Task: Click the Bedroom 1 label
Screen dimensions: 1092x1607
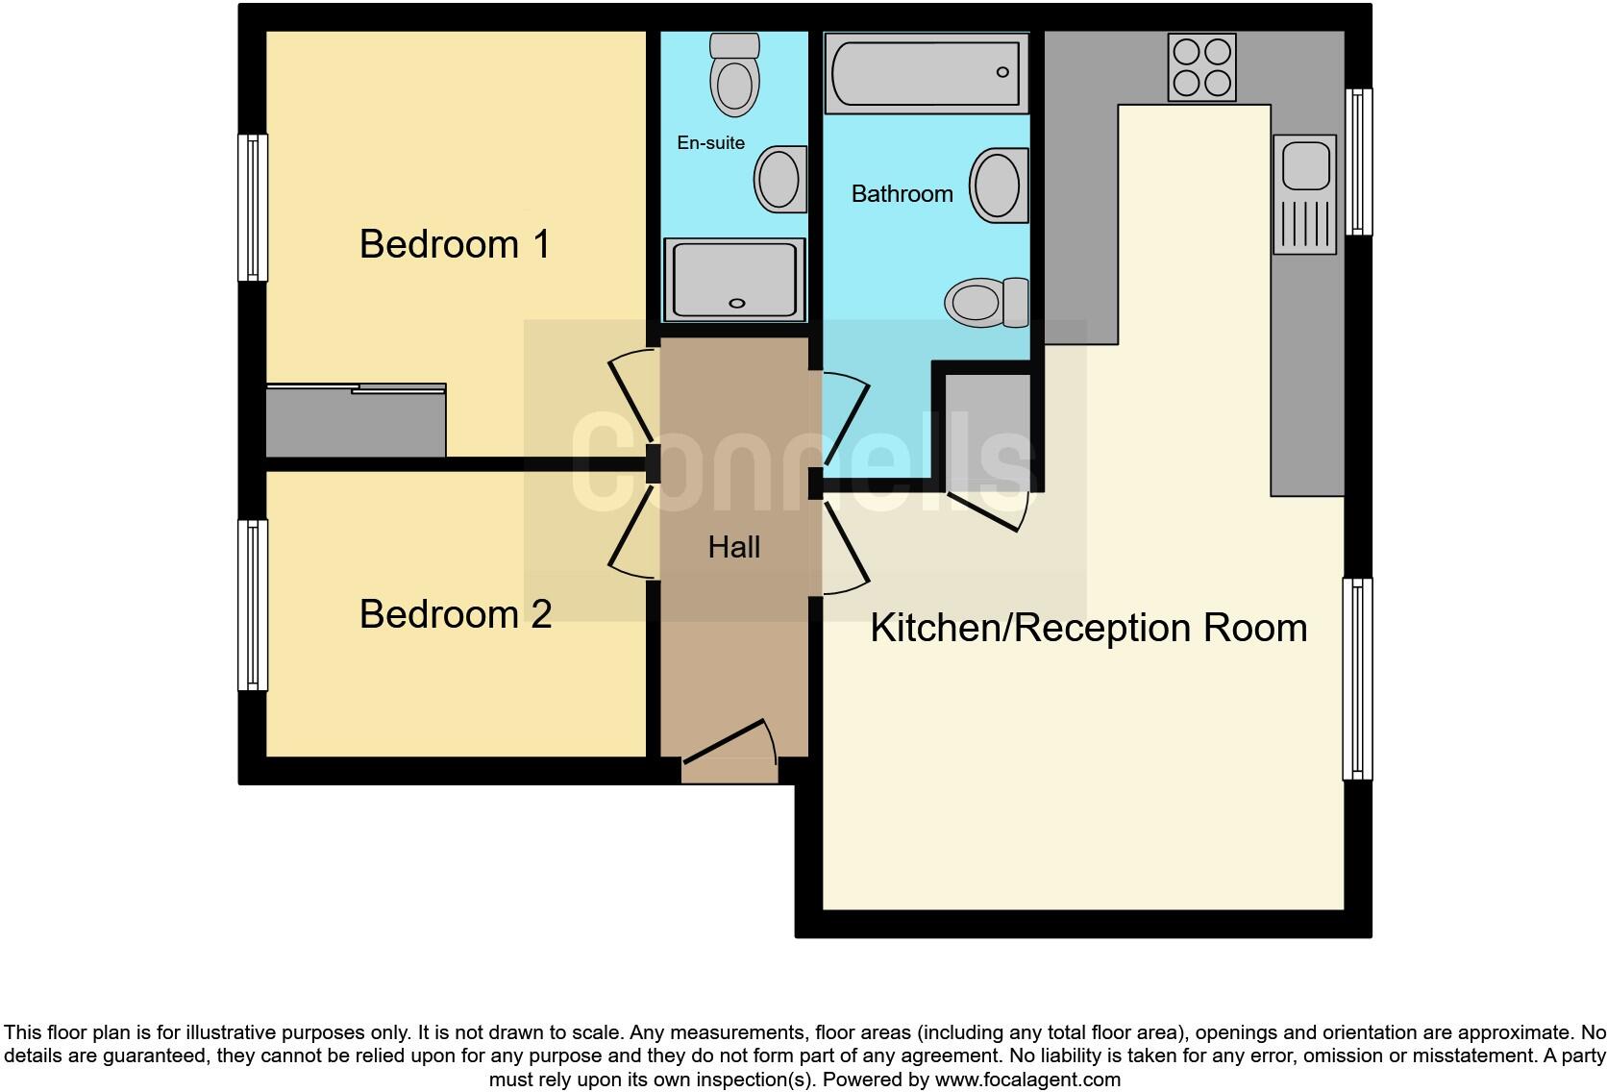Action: click(x=455, y=244)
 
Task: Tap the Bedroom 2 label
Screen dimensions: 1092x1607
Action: click(x=455, y=614)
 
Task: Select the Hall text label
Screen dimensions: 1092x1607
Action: click(x=733, y=547)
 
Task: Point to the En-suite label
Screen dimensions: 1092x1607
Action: click(x=710, y=142)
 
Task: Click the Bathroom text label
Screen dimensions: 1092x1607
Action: click(x=902, y=194)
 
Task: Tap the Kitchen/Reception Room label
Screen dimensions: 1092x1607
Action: click(x=1088, y=628)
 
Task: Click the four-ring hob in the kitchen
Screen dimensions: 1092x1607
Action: click(x=1201, y=67)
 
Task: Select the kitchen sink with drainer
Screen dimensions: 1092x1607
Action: click(x=1304, y=194)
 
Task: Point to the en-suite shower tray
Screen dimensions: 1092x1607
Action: click(x=735, y=280)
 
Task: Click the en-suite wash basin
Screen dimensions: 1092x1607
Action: click(x=779, y=179)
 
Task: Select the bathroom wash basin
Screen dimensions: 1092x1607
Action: click(x=998, y=186)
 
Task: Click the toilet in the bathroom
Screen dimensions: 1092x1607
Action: click(x=985, y=302)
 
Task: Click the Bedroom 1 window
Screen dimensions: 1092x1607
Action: click(x=253, y=207)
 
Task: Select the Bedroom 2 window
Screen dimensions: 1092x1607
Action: click(x=253, y=605)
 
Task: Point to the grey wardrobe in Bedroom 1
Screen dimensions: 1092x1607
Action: click(x=356, y=421)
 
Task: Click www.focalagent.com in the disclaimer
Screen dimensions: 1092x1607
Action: click(x=1027, y=1080)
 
